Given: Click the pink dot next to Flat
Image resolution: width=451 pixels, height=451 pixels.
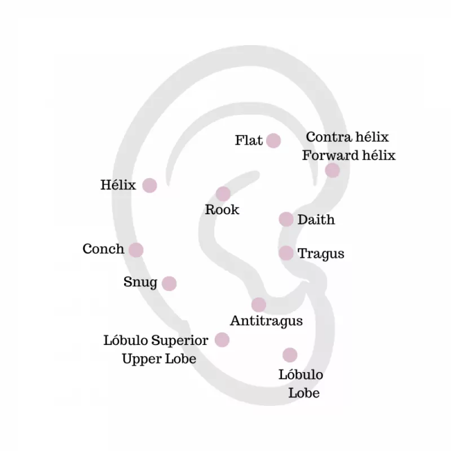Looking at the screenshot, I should click(x=273, y=140).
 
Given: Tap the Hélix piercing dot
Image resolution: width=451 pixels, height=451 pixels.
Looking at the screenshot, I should click(x=149, y=185).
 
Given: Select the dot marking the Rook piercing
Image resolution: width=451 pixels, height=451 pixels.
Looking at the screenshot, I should click(x=223, y=194).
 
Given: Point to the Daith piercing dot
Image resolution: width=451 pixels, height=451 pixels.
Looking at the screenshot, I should click(x=286, y=219).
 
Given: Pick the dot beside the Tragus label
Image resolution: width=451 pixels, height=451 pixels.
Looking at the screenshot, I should click(x=286, y=253).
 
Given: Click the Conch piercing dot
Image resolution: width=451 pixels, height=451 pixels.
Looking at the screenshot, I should click(x=136, y=250).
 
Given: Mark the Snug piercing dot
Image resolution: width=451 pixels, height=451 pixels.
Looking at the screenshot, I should click(x=169, y=283).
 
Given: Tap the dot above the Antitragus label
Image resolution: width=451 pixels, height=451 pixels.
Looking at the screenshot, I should click(x=259, y=304).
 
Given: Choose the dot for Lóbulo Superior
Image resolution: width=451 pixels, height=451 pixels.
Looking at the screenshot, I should click(x=222, y=339).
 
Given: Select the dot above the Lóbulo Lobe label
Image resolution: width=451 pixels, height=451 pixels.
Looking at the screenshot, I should click(x=290, y=355).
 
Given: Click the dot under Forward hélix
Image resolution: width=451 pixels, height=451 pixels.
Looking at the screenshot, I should click(x=333, y=170).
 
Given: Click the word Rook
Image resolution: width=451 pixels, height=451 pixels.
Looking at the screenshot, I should click(x=222, y=210).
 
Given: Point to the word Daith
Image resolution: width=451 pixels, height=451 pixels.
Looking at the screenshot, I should click(x=316, y=220).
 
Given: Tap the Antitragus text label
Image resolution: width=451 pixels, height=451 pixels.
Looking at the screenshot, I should click(x=266, y=321).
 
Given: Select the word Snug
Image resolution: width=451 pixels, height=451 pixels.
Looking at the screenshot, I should click(x=140, y=282).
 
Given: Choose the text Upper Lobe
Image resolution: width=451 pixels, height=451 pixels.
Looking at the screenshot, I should click(x=159, y=359).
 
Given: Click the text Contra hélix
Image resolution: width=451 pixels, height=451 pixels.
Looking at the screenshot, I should click(x=347, y=137).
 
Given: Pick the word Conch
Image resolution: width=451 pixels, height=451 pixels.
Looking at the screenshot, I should click(x=103, y=249).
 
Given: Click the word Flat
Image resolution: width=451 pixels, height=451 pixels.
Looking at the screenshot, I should click(x=249, y=140).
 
